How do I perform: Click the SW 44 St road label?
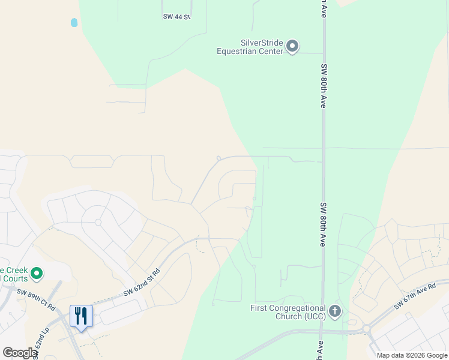[x=176, y=17]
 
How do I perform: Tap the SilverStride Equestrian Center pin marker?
[x=292, y=46]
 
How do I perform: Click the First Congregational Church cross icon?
[x=335, y=311]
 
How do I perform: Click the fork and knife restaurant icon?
[x=80, y=316]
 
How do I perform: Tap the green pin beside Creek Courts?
[x=37, y=274]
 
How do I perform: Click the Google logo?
[x=20, y=353]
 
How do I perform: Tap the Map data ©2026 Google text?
[x=411, y=355]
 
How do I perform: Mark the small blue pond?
[x=74, y=23]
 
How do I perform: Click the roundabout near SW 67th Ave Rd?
[x=365, y=329]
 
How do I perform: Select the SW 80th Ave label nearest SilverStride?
[x=324, y=86]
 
